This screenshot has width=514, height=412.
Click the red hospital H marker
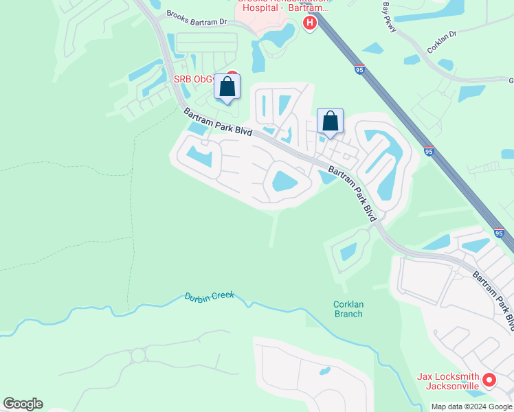coord(310,24)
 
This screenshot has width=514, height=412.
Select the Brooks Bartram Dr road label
coord(196,19)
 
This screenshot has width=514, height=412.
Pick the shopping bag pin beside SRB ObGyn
coord(227,87)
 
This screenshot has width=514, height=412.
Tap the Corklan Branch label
coord(348,308)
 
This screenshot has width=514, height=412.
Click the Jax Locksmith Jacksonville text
coord(448,381)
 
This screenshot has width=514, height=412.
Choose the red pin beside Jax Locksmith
coord(489,379)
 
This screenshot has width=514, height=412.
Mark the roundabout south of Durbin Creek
coord(138,355)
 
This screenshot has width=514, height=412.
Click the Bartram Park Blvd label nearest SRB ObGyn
coord(217,122)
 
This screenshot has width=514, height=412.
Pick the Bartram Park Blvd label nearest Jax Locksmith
coord(493,299)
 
